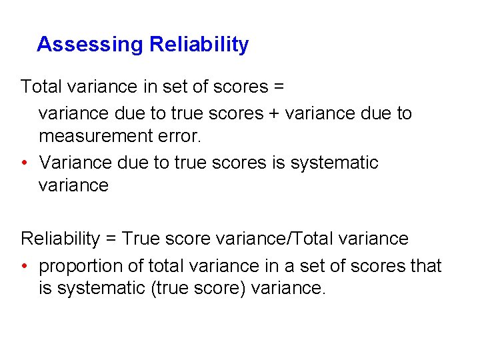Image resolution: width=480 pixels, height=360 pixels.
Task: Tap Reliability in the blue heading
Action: tap(199, 45)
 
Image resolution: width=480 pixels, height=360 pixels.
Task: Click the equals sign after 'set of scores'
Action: tap(279, 87)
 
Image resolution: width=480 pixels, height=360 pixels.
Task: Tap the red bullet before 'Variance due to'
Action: tap(25, 163)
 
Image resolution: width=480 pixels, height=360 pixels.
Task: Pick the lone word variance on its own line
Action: tap(73, 185)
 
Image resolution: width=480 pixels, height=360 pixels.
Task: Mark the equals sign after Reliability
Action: tap(113, 239)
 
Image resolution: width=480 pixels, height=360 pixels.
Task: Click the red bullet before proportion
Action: tap(25, 266)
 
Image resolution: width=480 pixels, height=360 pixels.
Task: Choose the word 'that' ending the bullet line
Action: tap(426, 266)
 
